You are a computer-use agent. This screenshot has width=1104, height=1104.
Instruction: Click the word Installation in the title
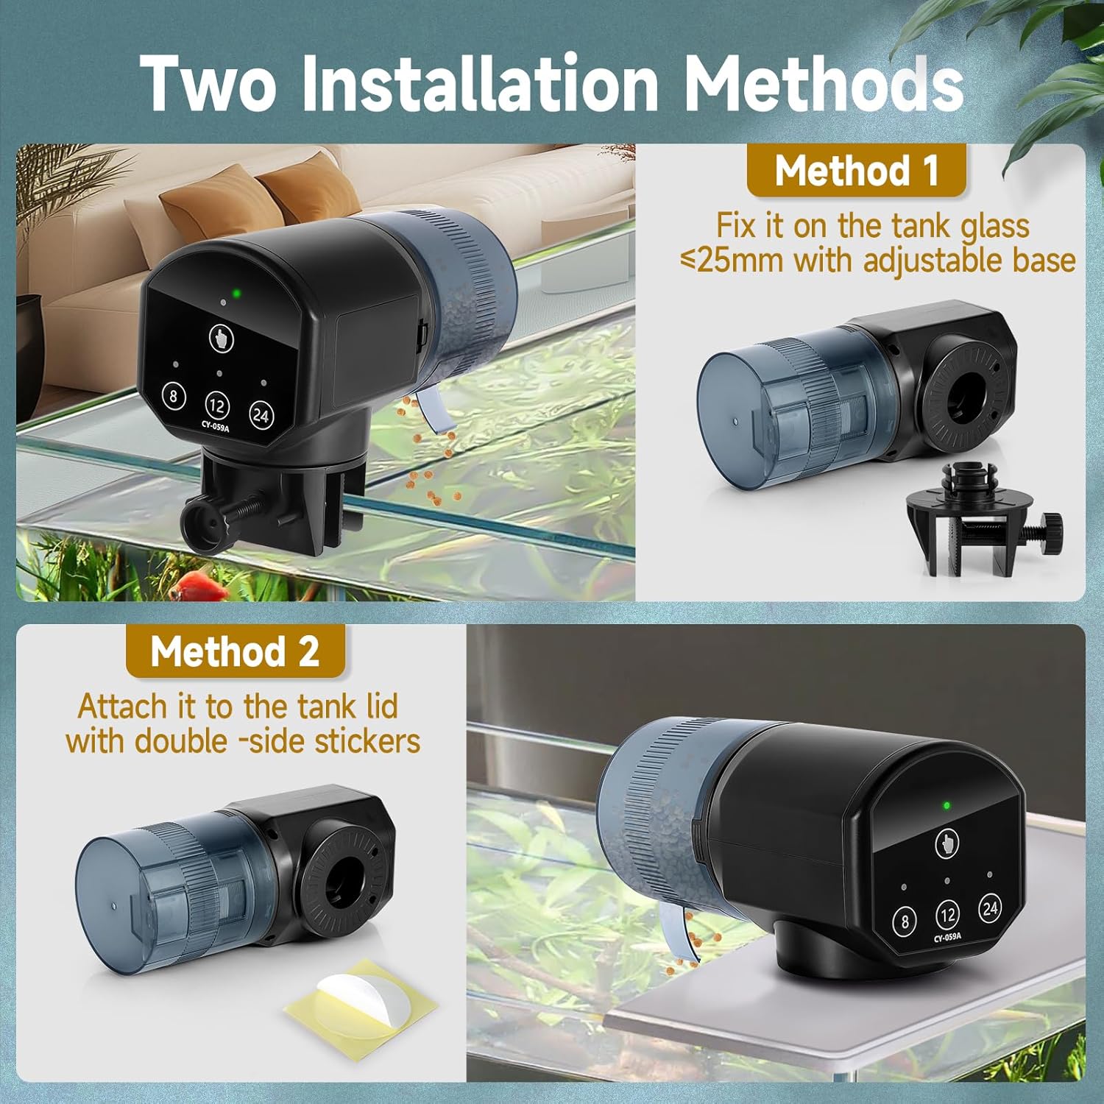(x=479, y=82)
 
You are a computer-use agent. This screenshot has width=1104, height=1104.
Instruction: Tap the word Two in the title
(x=208, y=82)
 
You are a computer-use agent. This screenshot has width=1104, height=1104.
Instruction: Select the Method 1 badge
(x=856, y=171)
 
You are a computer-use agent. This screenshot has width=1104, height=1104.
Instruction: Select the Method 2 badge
(x=236, y=651)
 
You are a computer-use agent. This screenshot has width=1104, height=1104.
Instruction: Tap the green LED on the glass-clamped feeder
(x=236, y=294)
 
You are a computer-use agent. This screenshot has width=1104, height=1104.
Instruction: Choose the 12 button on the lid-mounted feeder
(x=947, y=915)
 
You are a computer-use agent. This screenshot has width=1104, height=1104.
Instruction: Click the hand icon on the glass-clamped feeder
(x=219, y=337)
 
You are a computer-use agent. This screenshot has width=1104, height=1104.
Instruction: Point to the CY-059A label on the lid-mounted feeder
(x=948, y=938)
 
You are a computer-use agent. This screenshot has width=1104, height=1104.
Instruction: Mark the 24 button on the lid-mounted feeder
(x=990, y=908)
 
